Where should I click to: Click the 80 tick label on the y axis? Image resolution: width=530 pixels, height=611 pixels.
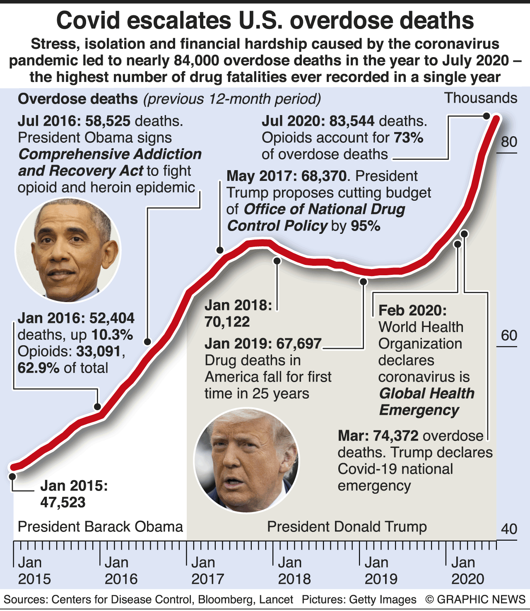pyautogui.click(x=509, y=142)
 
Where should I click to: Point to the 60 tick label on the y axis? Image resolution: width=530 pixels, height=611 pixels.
pyautogui.click(x=509, y=335)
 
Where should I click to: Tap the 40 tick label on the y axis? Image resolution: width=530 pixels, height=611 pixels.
pyautogui.click(x=509, y=529)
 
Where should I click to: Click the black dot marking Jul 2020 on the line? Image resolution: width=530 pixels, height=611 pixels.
pyautogui.click(x=487, y=116)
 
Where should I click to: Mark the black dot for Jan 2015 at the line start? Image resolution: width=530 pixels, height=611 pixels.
pyautogui.click(x=12, y=476)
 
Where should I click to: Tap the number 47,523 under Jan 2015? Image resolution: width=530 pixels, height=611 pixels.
pyautogui.click(x=63, y=502)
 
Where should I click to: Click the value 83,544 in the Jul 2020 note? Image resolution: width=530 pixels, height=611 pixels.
pyautogui.click(x=352, y=121)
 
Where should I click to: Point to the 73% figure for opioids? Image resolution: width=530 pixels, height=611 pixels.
pyautogui.click(x=408, y=137)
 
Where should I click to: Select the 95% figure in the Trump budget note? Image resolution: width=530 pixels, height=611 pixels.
pyautogui.click(x=365, y=226)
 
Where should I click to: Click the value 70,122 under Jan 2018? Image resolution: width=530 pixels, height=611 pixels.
pyautogui.click(x=227, y=322)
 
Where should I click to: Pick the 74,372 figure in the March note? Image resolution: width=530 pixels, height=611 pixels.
pyautogui.click(x=396, y=436)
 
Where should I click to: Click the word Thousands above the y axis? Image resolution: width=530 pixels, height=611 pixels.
pyautogui.click(x=480, y=98)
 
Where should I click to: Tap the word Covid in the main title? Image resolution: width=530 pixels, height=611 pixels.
pyautogui.click(x=88, y=20)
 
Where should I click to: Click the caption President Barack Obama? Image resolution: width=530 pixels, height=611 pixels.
pyautogui.click(x=100, y=527)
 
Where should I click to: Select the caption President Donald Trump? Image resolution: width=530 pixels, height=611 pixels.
pyautogui.click(x=347, y=527)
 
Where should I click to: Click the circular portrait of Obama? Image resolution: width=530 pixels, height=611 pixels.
pyautogui.click(x=68, y=250)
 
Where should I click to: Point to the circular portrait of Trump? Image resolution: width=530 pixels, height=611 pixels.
pyautogui.click(x=246, y=459)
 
